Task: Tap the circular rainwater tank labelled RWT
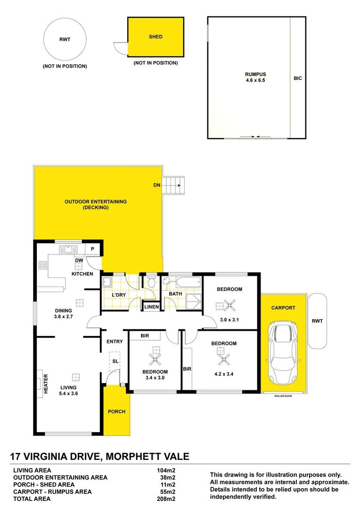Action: click(65, 40)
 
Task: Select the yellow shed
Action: click(155, 37)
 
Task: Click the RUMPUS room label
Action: click(255, 74)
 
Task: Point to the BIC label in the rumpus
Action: click(297, 79)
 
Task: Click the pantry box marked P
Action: click(92, 250)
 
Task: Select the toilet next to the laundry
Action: click(151, 283)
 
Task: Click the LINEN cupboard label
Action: click(152, 307)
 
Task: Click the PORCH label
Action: click(116, 411)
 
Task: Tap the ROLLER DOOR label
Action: click(283, 396)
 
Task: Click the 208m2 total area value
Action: click(166, 499)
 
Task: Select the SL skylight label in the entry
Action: click(115, 361)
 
